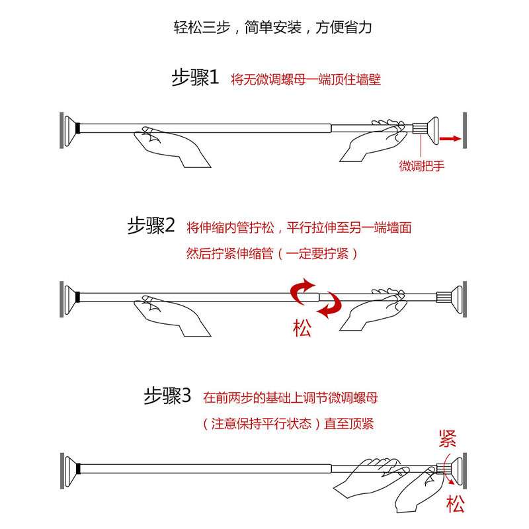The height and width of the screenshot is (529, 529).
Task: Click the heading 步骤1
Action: coord(195,78)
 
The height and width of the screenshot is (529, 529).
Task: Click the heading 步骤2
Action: coord(151,225)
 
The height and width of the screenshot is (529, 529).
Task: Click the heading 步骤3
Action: coord(167,395)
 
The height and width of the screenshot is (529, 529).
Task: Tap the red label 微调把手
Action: coord(422,166)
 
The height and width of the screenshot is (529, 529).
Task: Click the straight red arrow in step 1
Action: coord(450,138)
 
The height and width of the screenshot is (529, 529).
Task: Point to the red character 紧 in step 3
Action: coord(448,438)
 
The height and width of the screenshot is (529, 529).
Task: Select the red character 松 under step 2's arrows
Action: coord(302,328)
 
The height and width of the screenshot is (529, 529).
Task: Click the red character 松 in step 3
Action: coord(456,504)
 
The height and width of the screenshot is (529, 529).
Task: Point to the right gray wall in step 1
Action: coord(465,130)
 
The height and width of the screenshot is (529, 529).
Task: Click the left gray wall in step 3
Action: coord(62,471)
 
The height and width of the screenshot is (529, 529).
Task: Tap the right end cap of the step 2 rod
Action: coord(456,300)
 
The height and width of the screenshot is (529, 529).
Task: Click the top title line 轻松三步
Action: coord(272,27)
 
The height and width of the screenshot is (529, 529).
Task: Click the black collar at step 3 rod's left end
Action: coord(78,469)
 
